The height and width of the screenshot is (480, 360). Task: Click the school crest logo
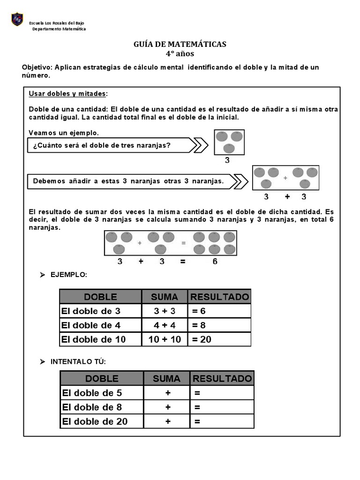click(x=17, y=19)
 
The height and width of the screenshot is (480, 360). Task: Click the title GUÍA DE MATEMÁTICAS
click(x=180, y=44)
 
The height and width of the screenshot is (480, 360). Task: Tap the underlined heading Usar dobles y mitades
click(x=67, y=94)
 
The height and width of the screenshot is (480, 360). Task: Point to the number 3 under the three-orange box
click(x=227, y=160)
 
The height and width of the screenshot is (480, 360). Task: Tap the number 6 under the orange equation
click(x=215, y=262)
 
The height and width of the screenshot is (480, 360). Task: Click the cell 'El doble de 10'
click(x=100, y=339)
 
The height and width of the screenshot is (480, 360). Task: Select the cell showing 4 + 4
click(x=165, y=325)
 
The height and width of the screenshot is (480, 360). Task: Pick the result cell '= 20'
click(x=219, y=339)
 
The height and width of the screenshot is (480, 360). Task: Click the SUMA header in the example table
click(x=165, y=297)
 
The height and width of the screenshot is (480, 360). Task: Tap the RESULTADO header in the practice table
click(x=222, y=378)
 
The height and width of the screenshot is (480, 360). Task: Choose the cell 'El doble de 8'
click(x=102, y=407)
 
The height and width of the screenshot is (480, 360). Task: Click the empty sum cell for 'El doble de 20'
click(x=167, y=421)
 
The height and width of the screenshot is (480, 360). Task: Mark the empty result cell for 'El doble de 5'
click(x=222, y=393)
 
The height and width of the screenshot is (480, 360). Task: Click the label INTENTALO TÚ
click(x=78, y=361)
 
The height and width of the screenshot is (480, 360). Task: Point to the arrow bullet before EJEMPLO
click(x=42, y=275)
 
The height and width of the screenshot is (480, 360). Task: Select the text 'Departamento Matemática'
click(x=59, y=29)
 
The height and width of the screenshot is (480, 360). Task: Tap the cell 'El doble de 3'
click(x=100, y=311)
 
